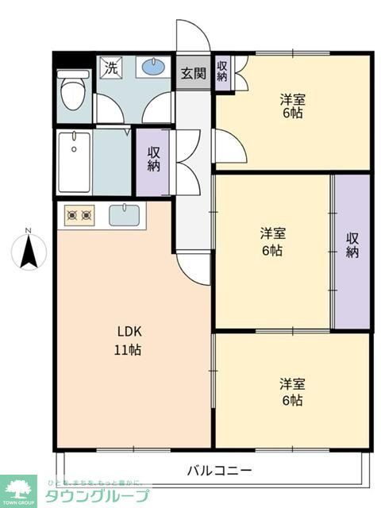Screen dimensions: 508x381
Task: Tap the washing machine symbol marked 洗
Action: point(111,68)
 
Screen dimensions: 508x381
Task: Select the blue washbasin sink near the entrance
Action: point(153,68)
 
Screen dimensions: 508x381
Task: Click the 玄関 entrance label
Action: point(193,74)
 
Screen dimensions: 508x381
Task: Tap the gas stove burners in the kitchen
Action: point(79,214)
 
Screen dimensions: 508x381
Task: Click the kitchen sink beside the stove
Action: point(123,214)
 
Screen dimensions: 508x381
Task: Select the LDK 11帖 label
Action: point(131,340)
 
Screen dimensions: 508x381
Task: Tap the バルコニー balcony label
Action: point(219,471)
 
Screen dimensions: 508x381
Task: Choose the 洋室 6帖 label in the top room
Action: point(291,106)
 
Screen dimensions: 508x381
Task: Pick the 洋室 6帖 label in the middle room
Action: point(272,242)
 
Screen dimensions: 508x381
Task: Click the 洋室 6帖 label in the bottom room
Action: point(291,392)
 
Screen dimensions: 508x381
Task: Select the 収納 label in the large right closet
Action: point(352,245)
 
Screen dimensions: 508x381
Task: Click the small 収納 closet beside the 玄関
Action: point(222,71)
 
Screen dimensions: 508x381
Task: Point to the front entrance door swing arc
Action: point(193,36)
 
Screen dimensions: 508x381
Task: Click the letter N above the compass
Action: point(27,231)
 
